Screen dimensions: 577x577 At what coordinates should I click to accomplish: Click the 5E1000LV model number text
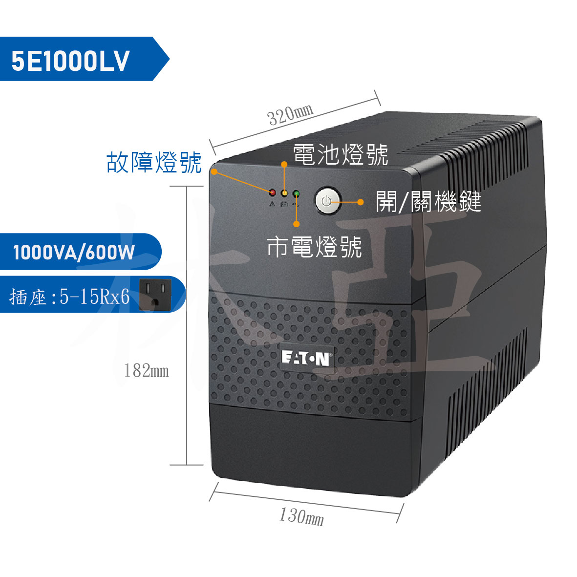(70, 61)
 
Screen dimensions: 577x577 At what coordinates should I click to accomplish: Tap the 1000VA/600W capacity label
(74, 253)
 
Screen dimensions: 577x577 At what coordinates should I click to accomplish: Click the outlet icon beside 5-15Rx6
(155, 295)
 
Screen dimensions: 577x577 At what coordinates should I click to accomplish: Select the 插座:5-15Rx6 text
(69, 297)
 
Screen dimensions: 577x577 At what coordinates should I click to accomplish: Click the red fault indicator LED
(272, 192)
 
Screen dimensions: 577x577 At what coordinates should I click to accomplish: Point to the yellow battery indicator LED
(284, 193)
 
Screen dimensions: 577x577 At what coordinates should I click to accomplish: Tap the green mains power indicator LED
(296, 193)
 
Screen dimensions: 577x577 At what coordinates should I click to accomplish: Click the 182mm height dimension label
(147, 370)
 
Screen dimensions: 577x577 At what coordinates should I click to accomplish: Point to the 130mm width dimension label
(301, 516)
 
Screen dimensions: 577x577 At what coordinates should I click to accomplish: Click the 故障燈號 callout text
(154, 162)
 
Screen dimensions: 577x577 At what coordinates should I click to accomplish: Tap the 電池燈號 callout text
(341, 154)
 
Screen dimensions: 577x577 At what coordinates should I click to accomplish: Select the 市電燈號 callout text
(314, 247)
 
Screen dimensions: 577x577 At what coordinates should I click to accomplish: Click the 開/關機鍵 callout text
(428, 202)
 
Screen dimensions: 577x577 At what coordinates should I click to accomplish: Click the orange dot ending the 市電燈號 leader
(297, 224)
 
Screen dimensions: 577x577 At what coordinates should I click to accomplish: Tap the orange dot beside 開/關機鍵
(361, 202)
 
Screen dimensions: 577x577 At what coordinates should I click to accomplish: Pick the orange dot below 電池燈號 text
(284, 165)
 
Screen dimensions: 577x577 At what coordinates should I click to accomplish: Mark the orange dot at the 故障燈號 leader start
(214, 172)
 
